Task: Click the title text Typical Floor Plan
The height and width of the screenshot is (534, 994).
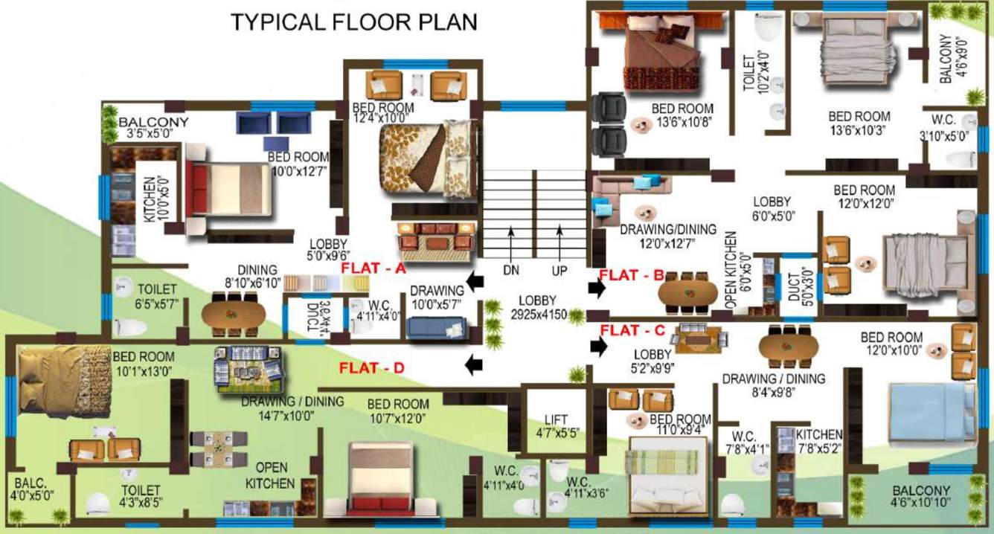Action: coord(353,22)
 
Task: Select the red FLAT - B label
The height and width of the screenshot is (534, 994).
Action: coord(631,274)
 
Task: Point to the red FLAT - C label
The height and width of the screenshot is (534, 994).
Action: coord(632,329)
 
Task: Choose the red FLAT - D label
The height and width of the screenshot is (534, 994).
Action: coord(373,367)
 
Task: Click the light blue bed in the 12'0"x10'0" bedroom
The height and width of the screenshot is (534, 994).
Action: coord(929,416)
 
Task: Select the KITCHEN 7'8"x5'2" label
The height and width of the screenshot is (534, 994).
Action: coord(818,441)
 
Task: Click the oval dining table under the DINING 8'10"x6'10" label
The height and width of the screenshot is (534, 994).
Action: coord(234,315)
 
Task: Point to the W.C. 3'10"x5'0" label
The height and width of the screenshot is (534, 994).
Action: coord(953,128)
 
